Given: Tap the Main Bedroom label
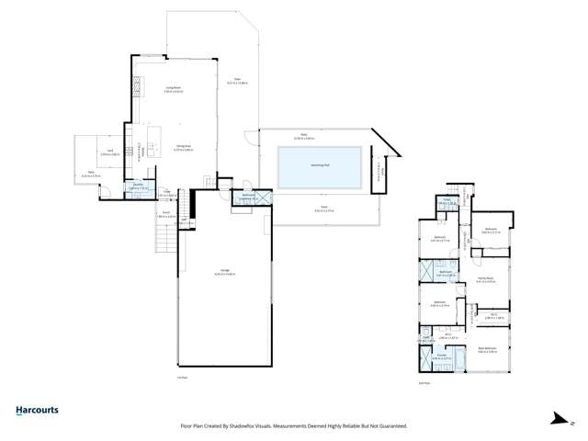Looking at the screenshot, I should (488, 349).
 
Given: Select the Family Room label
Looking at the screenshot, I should (486, 280).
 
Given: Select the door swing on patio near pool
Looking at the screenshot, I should (251, 139).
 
